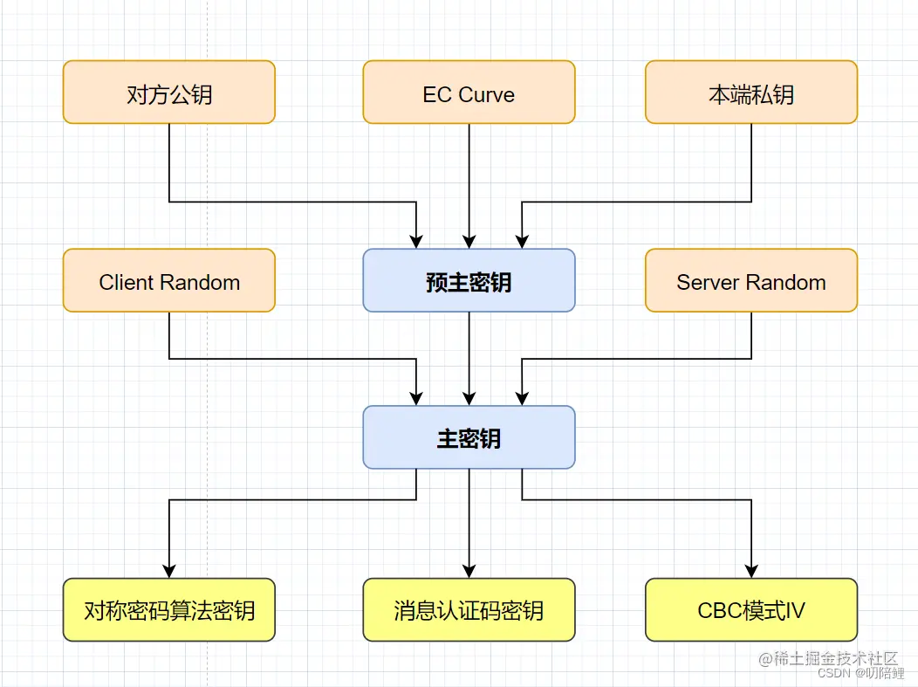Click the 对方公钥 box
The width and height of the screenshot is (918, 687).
[x=168, y=93]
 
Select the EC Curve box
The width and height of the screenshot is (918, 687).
[x=469, y=93]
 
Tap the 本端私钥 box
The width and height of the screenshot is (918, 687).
[x=750, y=93]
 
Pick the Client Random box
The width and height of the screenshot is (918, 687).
[x=168, y=281]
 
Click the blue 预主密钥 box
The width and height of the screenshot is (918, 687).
[x=469, y=281]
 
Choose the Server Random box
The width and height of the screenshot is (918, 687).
[x=750, y=281]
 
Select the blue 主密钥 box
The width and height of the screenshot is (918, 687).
[x=469, y=437]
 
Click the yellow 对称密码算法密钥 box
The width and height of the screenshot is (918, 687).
[x=168, y=610]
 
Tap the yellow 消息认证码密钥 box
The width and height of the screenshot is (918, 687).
[x=469, y=610]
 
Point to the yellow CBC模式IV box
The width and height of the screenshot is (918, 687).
[x=750, y=610]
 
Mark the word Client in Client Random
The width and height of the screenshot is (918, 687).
[x=125, y=283]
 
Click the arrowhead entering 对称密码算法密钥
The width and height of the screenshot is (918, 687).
[x=168, y=571]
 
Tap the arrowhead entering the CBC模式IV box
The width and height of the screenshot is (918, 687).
[x=750, y=571]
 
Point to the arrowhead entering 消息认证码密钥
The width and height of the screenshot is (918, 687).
[x=469, y=571]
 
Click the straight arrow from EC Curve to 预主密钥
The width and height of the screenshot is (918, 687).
[x=469, y=183]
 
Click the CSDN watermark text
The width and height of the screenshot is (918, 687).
[x=834, y=673]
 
